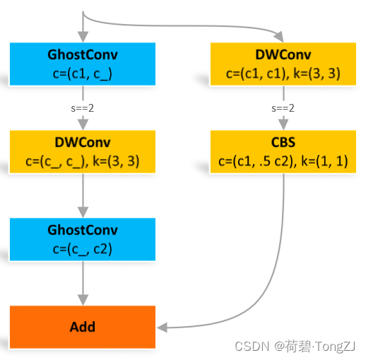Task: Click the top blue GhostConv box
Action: [83, 63]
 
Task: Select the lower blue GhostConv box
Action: [83, 238]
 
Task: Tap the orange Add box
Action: [83, 327]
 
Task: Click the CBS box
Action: [283, 151]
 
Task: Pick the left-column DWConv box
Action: [83, 151]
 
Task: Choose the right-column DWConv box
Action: [283, 63]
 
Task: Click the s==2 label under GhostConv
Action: [83, 108]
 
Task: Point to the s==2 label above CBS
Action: [283, 108]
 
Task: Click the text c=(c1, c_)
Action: [83, 71]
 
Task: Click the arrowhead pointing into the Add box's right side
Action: [162, 327]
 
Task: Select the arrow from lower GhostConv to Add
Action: [83, 283]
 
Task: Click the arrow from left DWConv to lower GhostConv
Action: [83, 194]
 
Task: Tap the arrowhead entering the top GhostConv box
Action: [83, 36]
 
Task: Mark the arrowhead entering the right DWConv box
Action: [283, 36]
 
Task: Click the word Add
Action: [83, 327]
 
